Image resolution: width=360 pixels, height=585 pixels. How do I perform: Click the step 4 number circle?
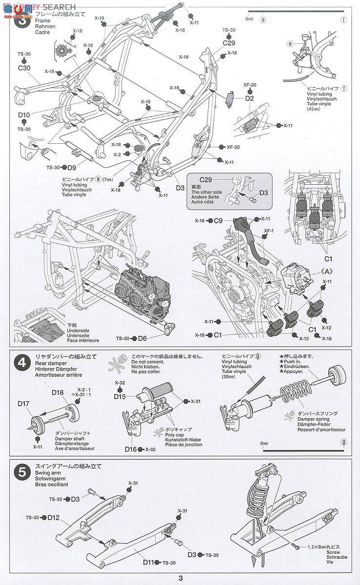(21, 363)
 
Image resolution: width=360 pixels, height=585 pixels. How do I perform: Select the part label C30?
(24, 68)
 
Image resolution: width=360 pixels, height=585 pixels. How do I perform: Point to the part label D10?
(24, 115)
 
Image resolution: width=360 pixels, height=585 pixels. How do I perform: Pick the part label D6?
(142, 338)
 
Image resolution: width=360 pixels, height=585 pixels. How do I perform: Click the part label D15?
(120, 397)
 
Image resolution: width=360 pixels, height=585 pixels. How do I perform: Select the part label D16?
(130, 449)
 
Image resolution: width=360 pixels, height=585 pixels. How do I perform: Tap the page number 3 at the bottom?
(180, 578)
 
